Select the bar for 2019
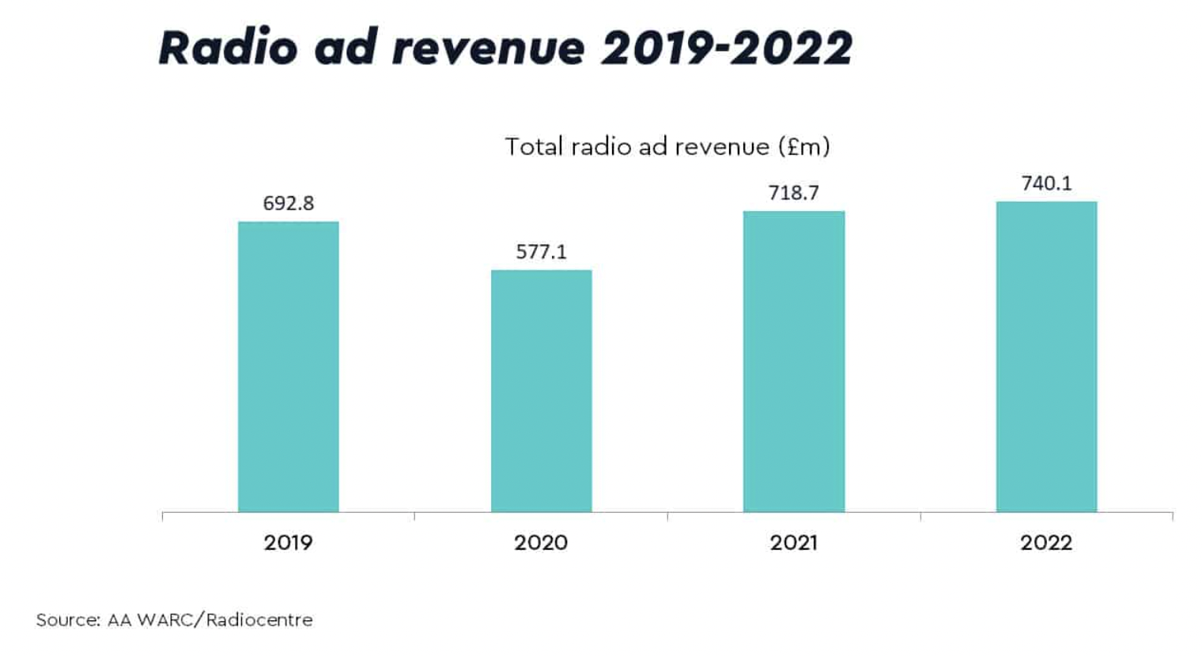[288, 367]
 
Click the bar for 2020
[541, 391]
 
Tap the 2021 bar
[794, 361]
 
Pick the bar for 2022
[1046, 356]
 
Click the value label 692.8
[288, 203]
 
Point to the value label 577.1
[541, 251]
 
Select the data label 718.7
[793, 193]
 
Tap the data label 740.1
[1046, 183]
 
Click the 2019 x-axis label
[288, 542]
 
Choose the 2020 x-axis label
[541, 542]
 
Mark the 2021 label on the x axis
[793, 542]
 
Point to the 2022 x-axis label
[1046, 542]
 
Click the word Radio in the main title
[228, 47]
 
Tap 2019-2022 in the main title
[727, 47]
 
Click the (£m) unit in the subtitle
[803, 146]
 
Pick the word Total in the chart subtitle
[533, 146]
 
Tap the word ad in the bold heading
[346, 47]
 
